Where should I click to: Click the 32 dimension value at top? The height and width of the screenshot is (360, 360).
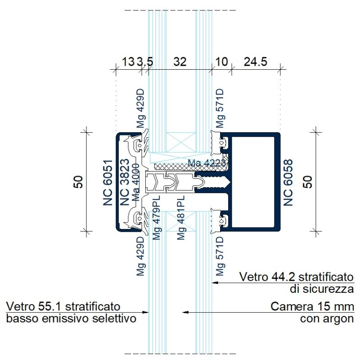(x=180, y=62)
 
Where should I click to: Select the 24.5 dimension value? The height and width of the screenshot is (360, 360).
(x=256, y=62)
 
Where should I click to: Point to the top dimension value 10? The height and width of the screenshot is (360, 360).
(x=222, y=62)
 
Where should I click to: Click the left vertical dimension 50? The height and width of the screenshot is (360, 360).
(x=79, y=181)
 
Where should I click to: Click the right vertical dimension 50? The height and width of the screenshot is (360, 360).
(x=309, y=181)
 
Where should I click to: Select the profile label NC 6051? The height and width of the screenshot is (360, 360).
(x=108, y=183)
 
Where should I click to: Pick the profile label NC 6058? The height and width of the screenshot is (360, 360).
(x=288, y=183)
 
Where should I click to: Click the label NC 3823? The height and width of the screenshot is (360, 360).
(x=125, y=182)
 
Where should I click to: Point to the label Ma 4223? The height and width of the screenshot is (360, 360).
(x=207, y=163)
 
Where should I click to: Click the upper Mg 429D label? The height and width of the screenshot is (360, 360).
(x=141, y=110)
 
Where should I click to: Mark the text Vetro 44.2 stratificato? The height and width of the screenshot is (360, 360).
(x=297, y=276)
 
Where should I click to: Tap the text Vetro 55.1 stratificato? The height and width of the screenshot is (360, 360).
(x=63, y=307)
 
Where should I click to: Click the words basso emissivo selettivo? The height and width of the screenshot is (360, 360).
(x=71, y=319)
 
